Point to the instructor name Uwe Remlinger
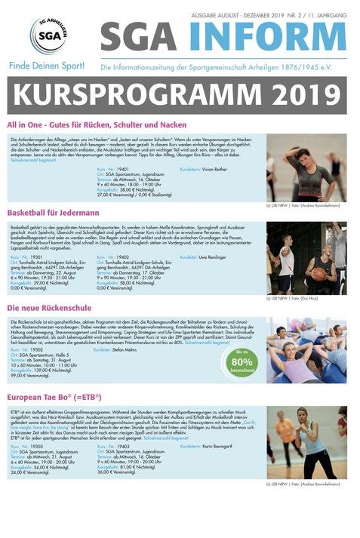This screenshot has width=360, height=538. coord(217,257)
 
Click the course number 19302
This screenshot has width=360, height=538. coord(32,349)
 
